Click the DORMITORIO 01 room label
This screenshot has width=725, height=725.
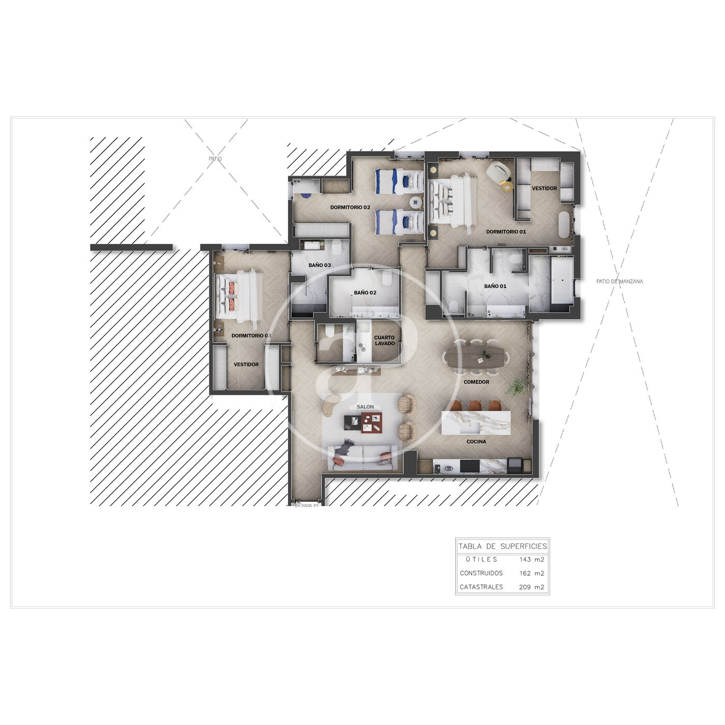[x=505, y=232]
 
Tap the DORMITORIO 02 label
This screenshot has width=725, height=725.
[x=350, y=207]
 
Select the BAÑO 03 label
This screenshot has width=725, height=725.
[x=320, y=265]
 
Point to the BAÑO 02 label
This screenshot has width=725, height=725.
[x=365, y=293]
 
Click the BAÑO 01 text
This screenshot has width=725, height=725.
[x=495, y=286]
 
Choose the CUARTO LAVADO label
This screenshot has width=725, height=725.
[x=384, y=340]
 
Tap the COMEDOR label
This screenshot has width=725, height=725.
[x=476, y=382]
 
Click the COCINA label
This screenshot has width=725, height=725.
[x=476, y=442]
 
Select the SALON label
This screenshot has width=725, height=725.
[x=365, y=407]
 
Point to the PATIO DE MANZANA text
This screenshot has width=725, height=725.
[x=619, y=281]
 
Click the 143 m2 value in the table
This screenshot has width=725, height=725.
[x=532, y=559]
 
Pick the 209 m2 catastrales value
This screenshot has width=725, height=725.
[x=531, y=587]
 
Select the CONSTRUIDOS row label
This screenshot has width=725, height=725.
[x=481, y=573]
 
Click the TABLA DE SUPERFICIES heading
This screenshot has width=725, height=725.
[x=503, y=546]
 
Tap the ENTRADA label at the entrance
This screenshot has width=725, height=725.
[x=307, y=505]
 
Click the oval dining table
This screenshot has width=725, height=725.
[x=475, y=357]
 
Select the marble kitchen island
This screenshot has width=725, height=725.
[x=475, y=423]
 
